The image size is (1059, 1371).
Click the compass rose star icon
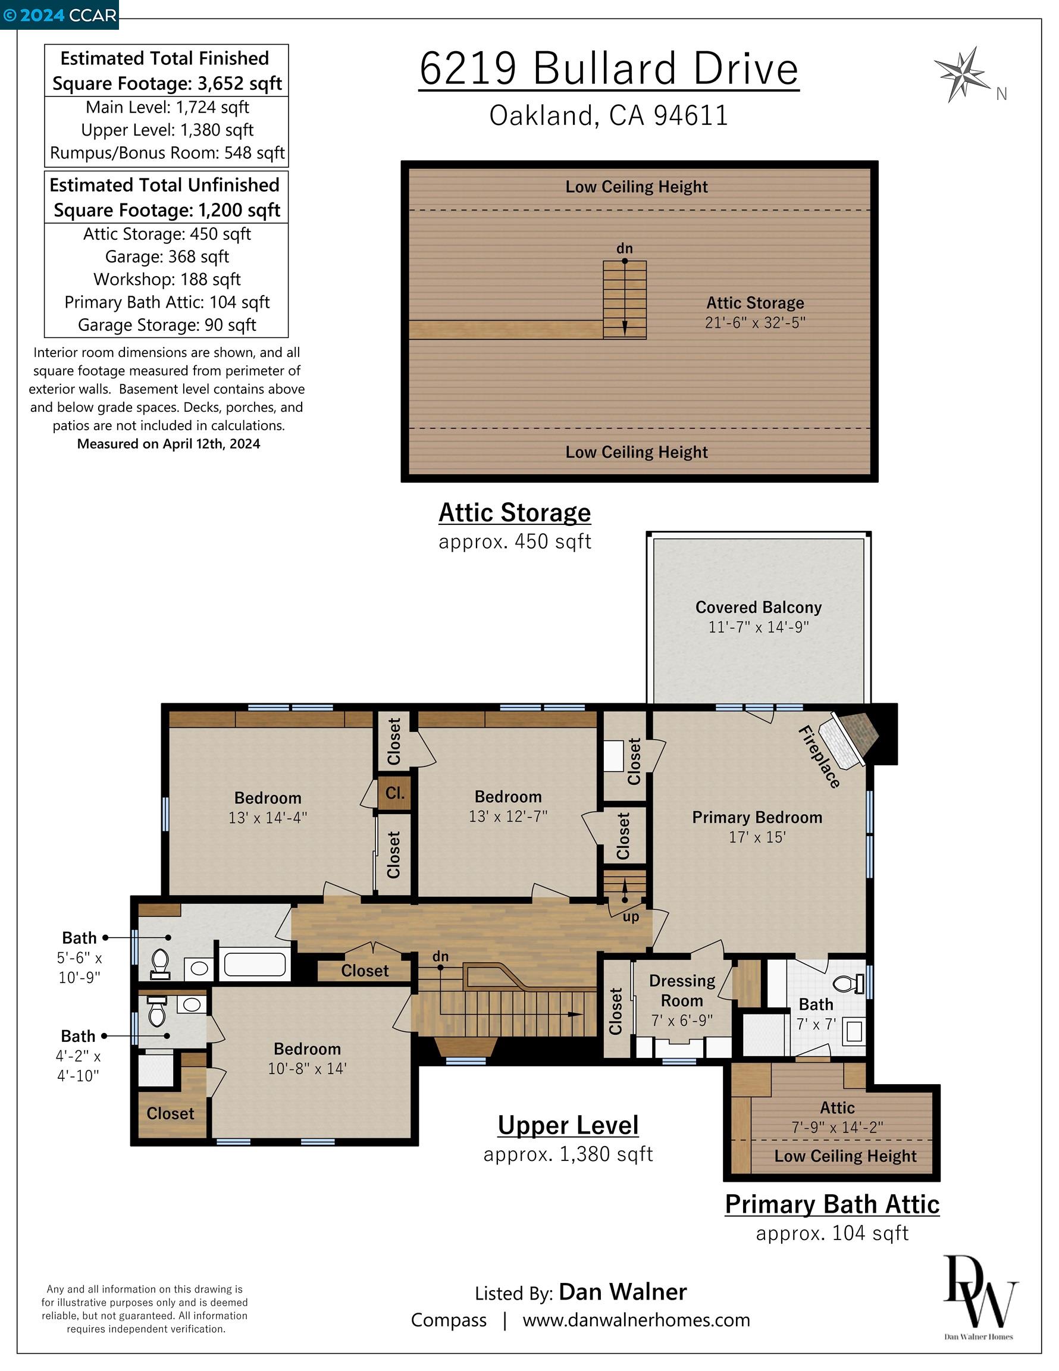[961, 73]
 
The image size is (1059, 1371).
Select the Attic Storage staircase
[625, 300]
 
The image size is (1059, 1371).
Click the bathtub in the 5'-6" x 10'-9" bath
[255, 964]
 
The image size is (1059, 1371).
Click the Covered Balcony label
[759, 607]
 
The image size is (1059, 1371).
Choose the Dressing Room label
[682, 990]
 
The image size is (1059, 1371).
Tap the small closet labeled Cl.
[395, 793]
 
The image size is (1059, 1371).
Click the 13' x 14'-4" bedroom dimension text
[268, 818]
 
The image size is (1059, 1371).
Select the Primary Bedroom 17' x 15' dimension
[757, 837]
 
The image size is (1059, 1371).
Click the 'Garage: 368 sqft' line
[167, 256]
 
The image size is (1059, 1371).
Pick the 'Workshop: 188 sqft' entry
[167, 279]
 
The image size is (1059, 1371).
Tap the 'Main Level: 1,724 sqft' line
[167, 107]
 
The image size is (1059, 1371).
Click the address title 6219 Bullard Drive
[609, 68]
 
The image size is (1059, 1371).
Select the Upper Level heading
[568, 1125]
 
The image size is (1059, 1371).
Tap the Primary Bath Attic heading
[832, 1204]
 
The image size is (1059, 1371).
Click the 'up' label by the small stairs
[631, 917]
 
